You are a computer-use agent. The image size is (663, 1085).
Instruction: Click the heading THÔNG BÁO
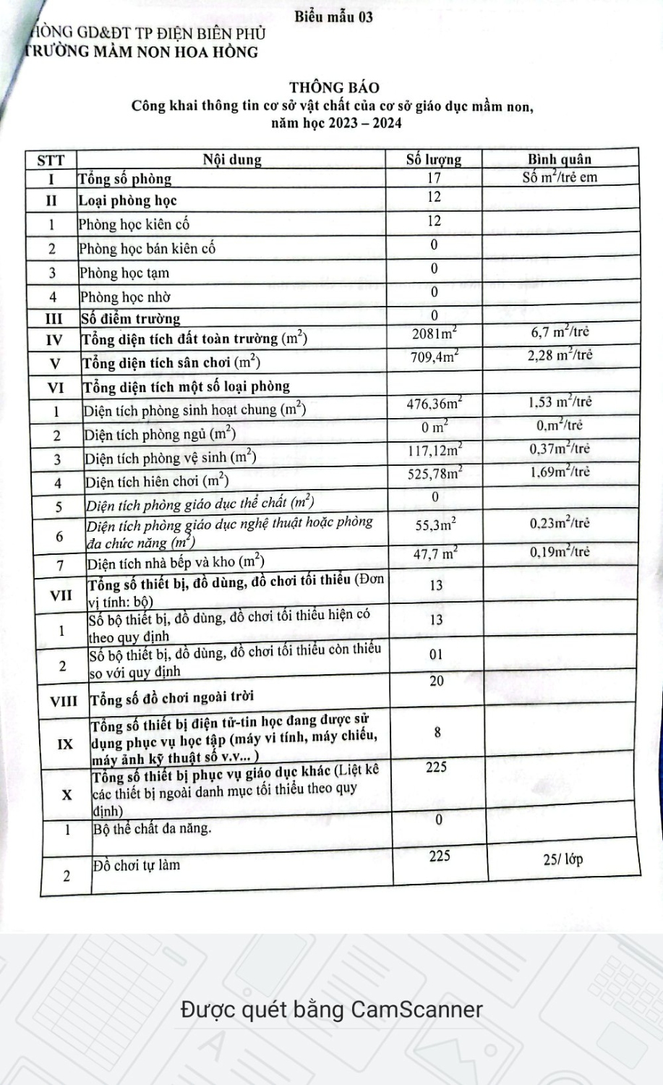coord(334,88)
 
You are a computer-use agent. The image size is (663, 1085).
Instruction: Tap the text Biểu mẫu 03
coord(334,17)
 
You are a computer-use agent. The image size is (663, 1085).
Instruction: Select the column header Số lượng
coord(434,159)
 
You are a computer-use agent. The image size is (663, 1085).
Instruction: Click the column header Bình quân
coord(560,159)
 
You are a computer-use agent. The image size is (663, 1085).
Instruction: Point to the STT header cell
coord(51,160)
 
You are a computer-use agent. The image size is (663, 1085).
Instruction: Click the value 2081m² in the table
coord(435,333)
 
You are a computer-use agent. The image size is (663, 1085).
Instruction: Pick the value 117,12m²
coord(435,450)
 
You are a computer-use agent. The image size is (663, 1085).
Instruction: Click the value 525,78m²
coord(435,474)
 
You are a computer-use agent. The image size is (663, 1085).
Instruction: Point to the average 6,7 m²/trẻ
coord(560,332)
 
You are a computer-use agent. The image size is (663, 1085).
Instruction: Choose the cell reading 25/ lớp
coord(563,860)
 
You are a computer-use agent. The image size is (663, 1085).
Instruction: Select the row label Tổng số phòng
coord(125,179)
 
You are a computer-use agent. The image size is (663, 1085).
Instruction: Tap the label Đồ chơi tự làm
coord(137,864)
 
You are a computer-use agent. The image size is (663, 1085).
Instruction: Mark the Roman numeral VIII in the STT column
coord(64,701)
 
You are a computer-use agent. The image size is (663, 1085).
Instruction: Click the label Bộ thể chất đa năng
coord(153,828)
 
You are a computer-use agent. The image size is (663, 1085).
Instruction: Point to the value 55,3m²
coord(435,524)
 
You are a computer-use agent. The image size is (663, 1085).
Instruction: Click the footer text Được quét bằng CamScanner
coord(331,1009)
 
